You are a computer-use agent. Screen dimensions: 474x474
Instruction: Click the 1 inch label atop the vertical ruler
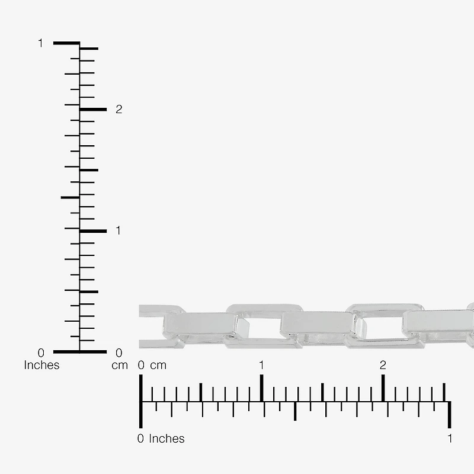tap(40, 43)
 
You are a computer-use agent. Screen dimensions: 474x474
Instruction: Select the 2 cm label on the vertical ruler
tap(119, 109)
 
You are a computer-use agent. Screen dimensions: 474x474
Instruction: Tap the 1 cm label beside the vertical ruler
tap(118, 230)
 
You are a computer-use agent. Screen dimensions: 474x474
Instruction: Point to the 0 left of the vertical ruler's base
tap(41, 353)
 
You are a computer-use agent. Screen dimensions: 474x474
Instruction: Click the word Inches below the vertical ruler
tap(41, 365)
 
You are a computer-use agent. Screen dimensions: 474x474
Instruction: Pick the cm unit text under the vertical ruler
tap(120, 366)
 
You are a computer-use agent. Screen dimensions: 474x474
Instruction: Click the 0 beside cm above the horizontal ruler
tap(141, 365)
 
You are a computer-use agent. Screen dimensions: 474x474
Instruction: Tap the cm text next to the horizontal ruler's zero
tap(158, 366)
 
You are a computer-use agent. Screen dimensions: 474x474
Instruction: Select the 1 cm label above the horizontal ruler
tap(261, 365)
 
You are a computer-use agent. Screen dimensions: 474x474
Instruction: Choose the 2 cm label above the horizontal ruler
tap(383, 365)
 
